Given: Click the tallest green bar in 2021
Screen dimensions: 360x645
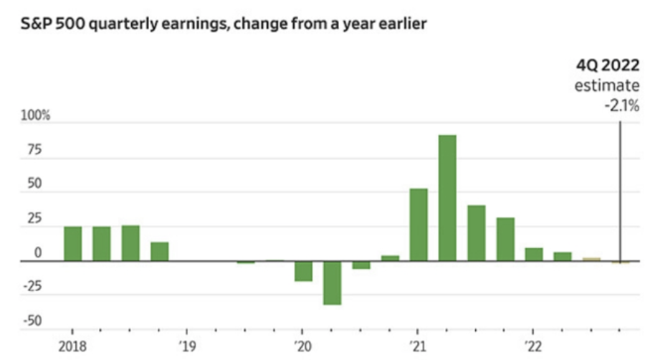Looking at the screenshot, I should (446, 197).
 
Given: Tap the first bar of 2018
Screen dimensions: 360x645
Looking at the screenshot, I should (73, 243).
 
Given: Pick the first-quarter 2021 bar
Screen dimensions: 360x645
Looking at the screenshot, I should (419, 224).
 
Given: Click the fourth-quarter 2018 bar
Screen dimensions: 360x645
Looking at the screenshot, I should (159, 251).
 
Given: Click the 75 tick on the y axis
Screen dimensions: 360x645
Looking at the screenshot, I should (34, 151).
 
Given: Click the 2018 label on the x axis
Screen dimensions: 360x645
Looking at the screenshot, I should (72, 343).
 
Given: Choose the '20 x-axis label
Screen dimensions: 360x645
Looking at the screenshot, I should (302, 343).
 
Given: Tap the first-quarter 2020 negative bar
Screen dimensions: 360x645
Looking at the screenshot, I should (303, 271).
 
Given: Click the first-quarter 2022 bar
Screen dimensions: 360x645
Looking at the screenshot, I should (533, 254).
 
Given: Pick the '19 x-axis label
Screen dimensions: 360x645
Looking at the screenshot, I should (187, 343).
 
